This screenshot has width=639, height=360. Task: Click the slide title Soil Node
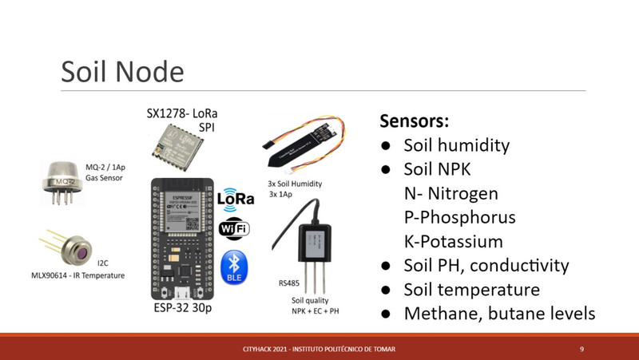tap(122, 72)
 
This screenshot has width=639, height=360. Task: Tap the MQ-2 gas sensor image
tap(62, 183)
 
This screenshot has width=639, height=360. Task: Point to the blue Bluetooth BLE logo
tap(234, 267)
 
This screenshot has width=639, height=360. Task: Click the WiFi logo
tap(234, 229)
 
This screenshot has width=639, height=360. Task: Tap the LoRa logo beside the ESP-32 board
tap(236, 200)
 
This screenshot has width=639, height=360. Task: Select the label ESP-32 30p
tap(183, 308)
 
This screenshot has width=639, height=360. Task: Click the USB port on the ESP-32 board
tap(182, 293)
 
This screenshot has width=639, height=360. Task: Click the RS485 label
tap(289, 283)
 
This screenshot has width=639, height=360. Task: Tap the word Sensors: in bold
tap(415, 121)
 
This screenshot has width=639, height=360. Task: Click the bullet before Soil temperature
tap(386, 291)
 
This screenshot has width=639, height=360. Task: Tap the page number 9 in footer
tap(582, 349)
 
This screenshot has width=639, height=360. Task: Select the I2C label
tap(103, 263)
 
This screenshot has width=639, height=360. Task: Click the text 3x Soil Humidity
tap(295, 184)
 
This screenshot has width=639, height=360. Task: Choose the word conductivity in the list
tap(519, 266)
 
